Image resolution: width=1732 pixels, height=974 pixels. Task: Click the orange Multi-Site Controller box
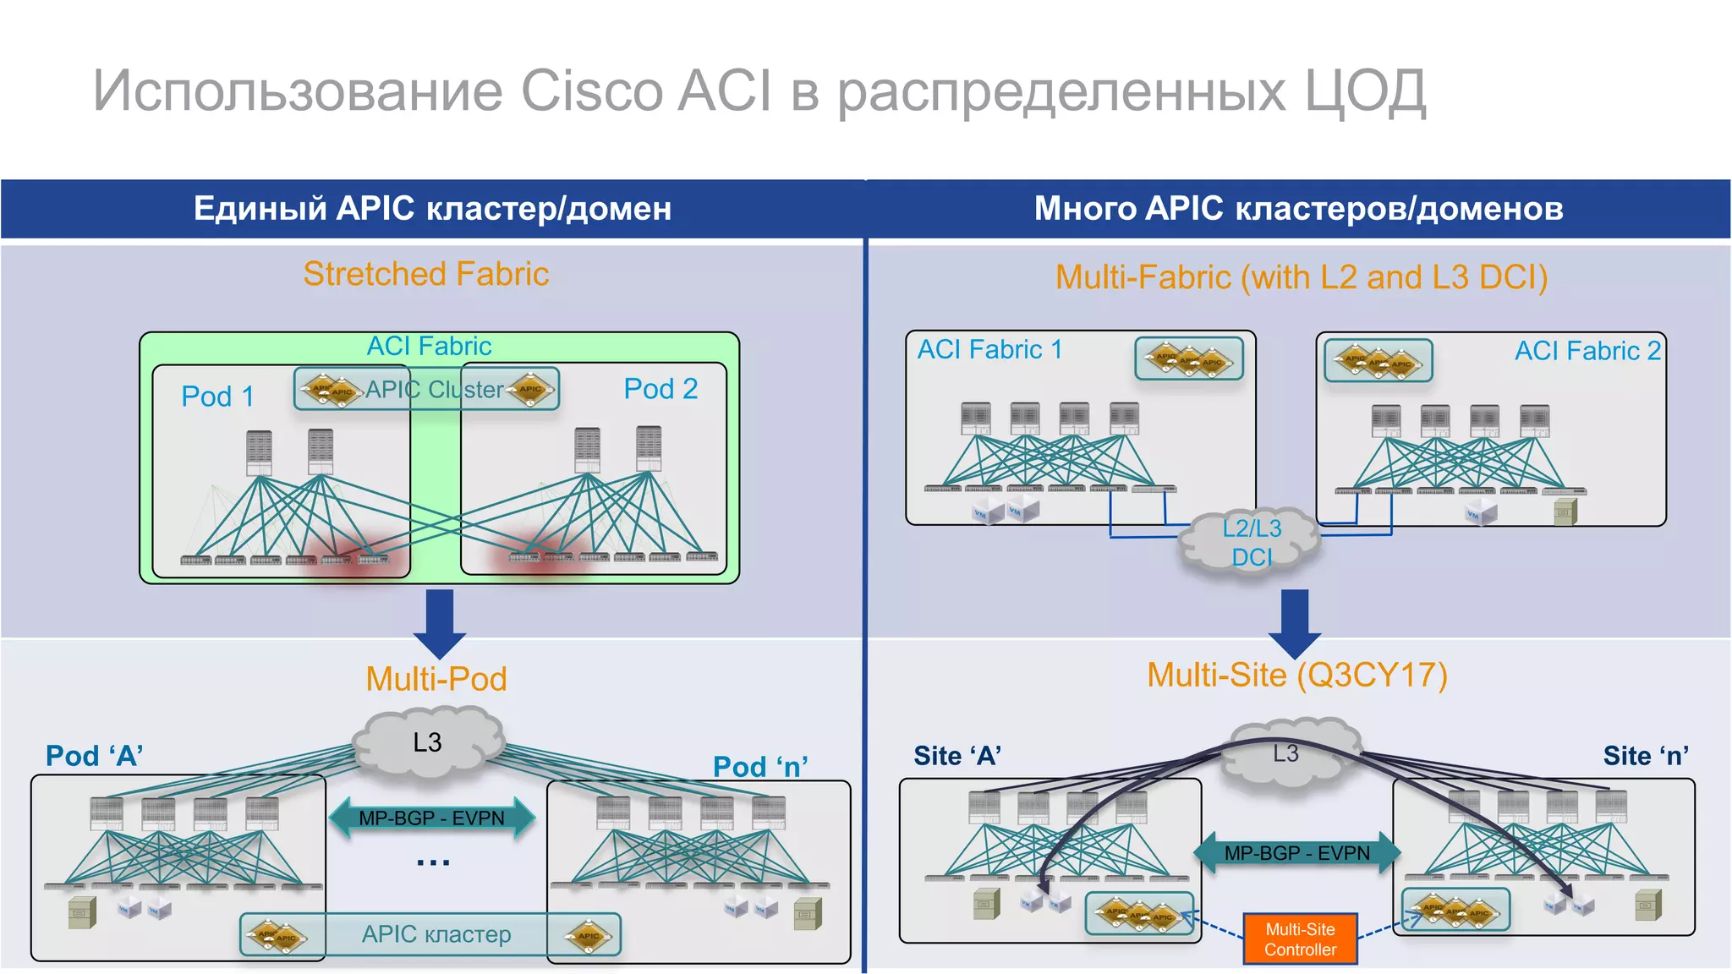(x=1300, y=938)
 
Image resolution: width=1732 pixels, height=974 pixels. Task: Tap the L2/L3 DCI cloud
(x=1250, y=542)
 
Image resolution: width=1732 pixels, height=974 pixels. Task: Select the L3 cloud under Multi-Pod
(x=428, y=742)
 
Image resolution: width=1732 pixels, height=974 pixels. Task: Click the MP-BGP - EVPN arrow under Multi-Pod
(x=431, y=818)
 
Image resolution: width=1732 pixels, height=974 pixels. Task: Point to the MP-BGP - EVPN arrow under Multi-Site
(x=1296, y=853)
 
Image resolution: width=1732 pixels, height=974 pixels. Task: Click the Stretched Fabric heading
(x=426, y=274)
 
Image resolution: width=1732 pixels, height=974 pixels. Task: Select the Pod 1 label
(x=217, y=396)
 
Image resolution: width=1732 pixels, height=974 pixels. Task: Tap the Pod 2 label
(x=660, y=389)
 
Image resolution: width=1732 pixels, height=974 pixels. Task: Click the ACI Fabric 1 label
(x=989, y=349)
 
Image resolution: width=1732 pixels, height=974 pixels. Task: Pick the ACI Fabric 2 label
(x=1587, y=351)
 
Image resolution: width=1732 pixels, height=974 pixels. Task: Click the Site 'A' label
(x=957, y=756)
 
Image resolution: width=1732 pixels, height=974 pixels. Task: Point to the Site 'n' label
(x=1646, y=756)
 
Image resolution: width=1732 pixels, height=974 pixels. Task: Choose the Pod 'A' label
(x=94, y=756)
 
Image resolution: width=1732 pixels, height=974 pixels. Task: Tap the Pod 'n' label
(x=760, y=767)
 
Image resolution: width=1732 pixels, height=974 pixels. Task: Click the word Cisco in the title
(x=591, y=90)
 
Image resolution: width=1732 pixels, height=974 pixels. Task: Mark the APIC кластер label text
(x=436, y=934)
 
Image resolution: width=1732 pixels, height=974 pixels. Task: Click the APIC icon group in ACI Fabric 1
(x=1188, y=358)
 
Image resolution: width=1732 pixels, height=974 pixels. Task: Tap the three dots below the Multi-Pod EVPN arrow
(x=433, y=863)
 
